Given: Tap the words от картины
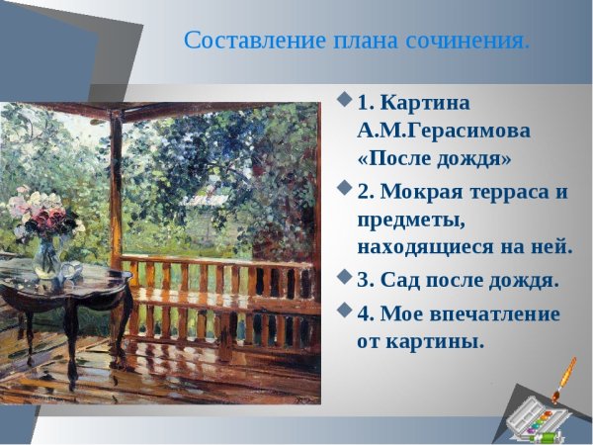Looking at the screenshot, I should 420,341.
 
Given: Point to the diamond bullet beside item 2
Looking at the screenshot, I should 344,187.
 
